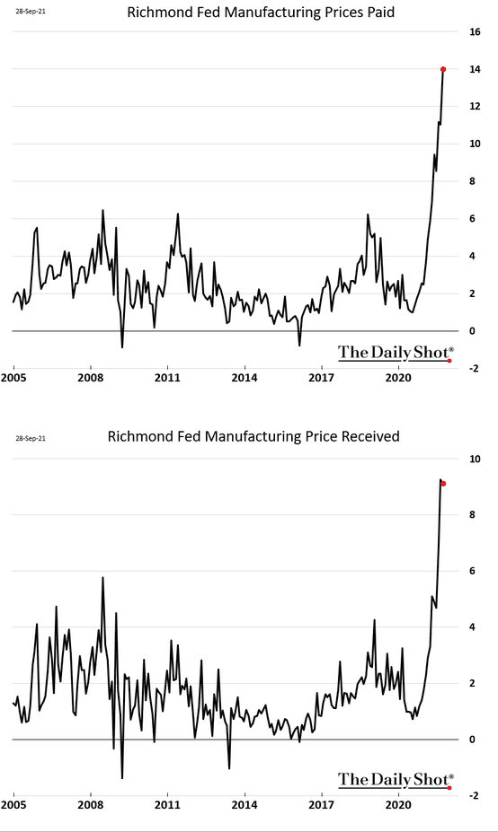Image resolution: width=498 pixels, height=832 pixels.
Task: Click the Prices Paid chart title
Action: coord(261,13)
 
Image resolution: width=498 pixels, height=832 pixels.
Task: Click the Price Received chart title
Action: coord(253,437)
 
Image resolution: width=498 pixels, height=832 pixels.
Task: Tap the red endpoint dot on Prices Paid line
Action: coord(443,69)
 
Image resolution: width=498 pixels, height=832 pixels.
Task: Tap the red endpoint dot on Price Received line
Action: coord(443,484)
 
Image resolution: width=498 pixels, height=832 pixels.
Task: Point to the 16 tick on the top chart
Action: coord(475,31)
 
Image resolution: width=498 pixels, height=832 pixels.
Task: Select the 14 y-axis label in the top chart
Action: coord(475,69)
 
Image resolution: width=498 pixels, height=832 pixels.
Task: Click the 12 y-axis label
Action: coord(475,106)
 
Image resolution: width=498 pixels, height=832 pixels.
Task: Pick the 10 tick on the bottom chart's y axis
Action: coord(475,459)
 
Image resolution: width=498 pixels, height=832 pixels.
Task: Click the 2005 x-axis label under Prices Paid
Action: coord(13,378)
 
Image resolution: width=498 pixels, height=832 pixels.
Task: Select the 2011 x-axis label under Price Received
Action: coord(167,804)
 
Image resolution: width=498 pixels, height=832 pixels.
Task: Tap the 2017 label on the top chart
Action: coord(322,378)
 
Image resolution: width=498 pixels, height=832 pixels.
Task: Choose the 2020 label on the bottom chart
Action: coord(398,804)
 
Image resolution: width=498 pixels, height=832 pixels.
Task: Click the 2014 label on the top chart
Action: coord(245,378)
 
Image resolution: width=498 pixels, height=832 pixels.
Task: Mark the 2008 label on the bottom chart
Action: coord(91,804)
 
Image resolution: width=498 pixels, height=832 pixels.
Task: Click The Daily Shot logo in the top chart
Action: coord(396,353)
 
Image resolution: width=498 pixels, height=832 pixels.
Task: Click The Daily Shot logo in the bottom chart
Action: coord(396,779)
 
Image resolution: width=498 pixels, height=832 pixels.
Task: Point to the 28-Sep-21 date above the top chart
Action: coord(31,11)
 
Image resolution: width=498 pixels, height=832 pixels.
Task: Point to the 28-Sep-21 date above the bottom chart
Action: coord(31,438)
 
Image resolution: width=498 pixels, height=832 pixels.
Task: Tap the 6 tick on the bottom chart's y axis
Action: coord(472,571)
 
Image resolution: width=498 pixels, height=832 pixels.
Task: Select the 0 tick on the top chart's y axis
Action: coord(472,330)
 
